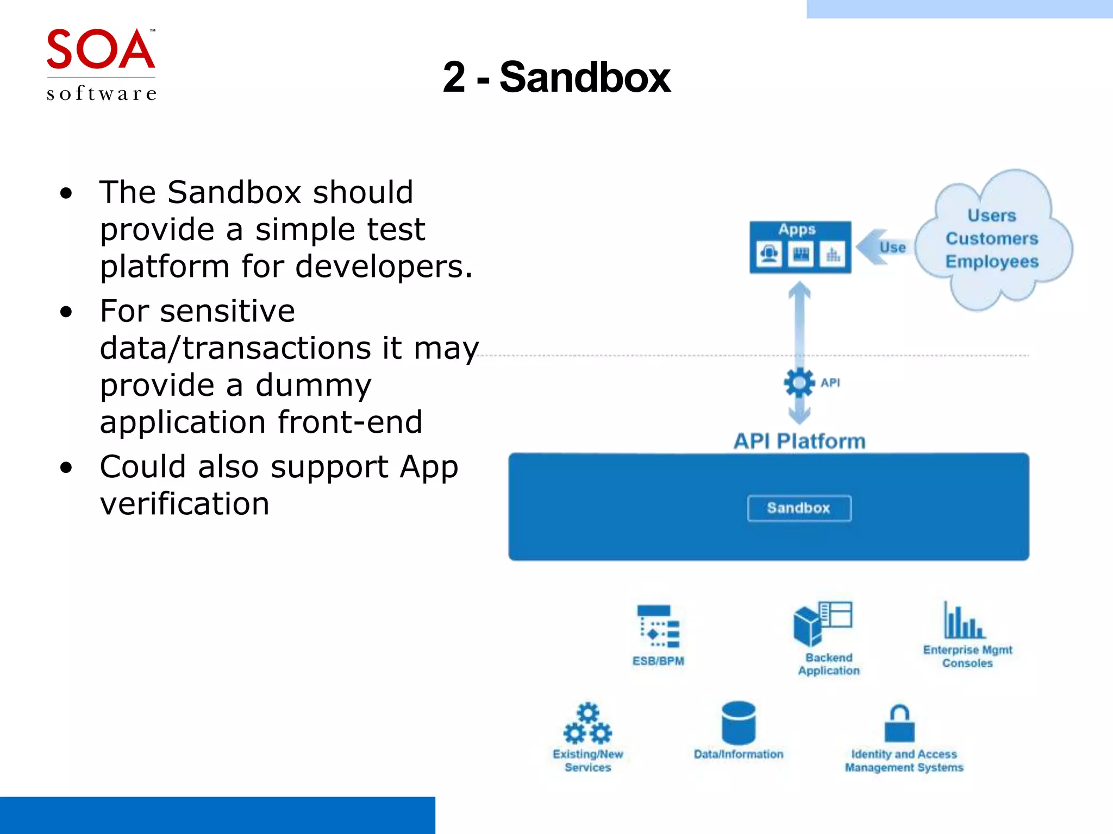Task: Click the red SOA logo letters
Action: click(101, 49)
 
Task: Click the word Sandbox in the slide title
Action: click(585, 78)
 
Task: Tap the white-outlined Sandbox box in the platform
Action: click(799, 508)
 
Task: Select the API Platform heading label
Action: click(799, 441)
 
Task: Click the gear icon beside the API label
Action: click(799, 383)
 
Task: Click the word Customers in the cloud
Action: click(992, 238)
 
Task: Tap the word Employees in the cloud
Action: click(992, 262)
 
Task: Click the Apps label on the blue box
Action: click(797, 230)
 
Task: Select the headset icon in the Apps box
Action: click(769, 254)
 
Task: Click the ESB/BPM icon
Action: click(658, 627)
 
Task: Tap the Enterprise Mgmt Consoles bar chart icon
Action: click(964, 621)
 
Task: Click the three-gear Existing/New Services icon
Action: click(587, 724)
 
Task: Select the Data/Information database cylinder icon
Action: click(739, 723)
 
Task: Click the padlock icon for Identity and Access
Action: click(900, 724)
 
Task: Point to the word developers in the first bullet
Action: click(383, 267)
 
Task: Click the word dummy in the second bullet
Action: click(314, 386)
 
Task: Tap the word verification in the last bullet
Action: click(185, 504)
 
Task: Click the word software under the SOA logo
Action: click(102, 93)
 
